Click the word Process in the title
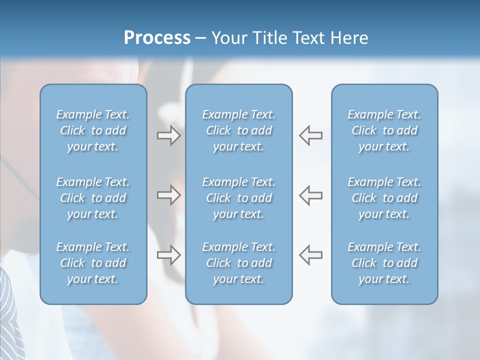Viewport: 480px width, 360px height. [x=157, y=38]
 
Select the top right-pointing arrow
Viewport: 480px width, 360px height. [x=168, y=135]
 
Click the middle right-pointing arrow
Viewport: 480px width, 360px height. [x=168, y=195]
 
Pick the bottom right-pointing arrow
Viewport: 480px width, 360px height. [x=168, y=254]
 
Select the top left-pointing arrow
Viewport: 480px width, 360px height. [x=311, y=135]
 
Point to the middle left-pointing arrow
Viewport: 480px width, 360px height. [x=311, y=195]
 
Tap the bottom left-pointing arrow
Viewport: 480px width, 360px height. [x=311, y=254]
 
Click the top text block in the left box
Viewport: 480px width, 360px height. [x=93, y=130]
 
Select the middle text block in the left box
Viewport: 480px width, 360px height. [x=93, y=198]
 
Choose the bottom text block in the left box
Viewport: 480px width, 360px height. [x=93, y=263]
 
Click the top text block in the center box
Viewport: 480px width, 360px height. [x=238, y=130]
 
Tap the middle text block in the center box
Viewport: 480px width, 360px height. [x=238, y=198]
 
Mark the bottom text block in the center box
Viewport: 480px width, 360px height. [x=238, y=263]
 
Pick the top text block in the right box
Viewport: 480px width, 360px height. [x=384, y=130]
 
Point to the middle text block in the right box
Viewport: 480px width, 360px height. [x=384, y=198]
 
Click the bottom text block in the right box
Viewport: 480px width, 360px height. [x=384, y=263]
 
